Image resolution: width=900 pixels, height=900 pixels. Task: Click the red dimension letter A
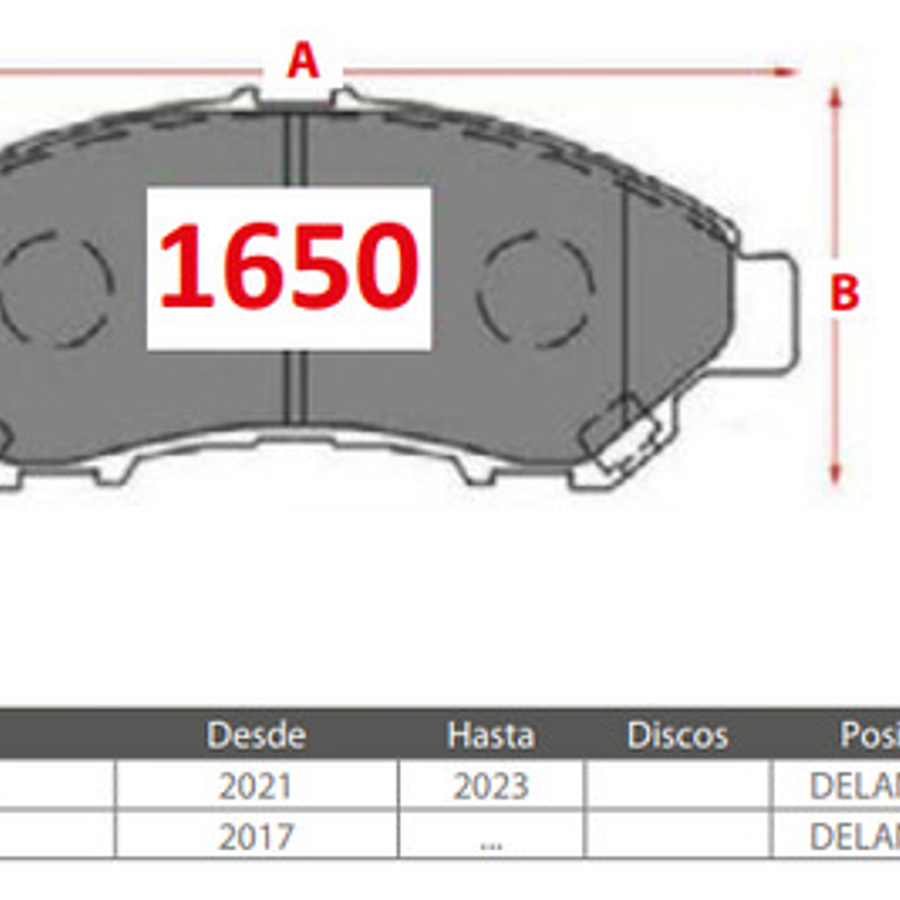tap(303, 61)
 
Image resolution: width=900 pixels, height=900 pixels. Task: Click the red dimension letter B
tap(844, 293)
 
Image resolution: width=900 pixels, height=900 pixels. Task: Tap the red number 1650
tap(289, 266)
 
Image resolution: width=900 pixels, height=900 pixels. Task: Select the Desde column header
tap(256, 735)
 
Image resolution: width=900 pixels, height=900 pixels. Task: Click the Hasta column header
tap(490, 735)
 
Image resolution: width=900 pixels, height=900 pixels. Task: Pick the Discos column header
tap(677, 735)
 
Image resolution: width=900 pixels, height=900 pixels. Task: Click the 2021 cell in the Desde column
tap(255, 786)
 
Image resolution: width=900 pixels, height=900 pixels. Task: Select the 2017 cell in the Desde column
tap(255, 837)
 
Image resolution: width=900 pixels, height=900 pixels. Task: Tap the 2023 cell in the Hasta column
tap(490, 786)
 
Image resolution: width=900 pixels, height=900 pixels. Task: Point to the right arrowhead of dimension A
tap(787, 72)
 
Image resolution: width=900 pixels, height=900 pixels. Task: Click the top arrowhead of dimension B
tap(835, 95)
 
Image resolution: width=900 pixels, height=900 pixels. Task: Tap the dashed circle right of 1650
tap(535, 289)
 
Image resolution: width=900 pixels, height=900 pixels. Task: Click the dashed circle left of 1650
tap(55, 289)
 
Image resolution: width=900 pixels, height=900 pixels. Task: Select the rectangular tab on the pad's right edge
tap(764, 313)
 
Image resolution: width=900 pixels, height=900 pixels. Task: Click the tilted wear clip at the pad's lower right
tap(624, 434)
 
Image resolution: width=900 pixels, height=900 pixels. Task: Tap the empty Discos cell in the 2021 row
tap(677, 786)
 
